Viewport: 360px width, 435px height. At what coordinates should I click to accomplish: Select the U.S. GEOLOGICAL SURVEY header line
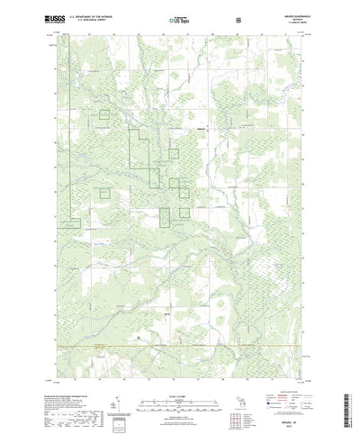click(x=92, y=19)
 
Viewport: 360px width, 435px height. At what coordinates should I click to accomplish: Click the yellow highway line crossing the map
click(x=180, y=346)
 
